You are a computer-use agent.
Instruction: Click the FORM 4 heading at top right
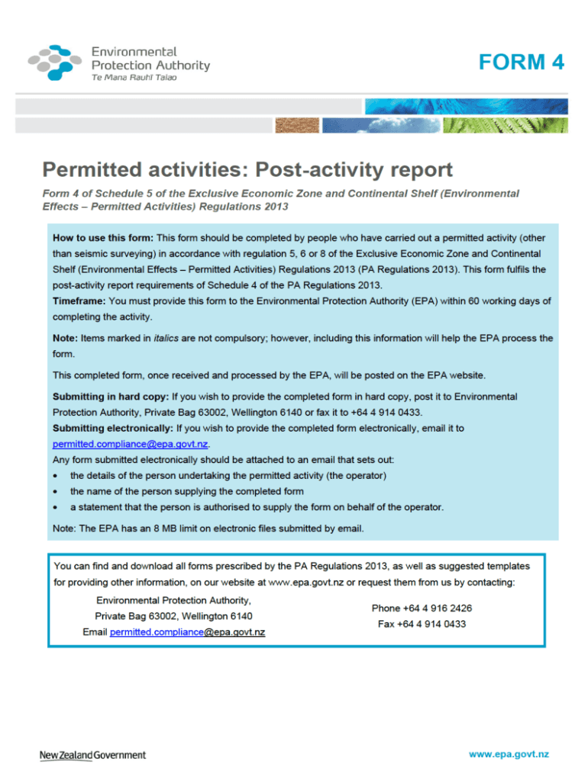click(x=522, y=62)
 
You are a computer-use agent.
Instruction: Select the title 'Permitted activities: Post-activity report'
click(x=247, y=169)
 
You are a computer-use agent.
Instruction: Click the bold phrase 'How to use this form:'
click(x=103, y=237)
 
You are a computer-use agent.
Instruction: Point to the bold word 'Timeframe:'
click(x=79, y=301)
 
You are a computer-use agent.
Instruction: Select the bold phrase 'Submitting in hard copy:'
click(x=111, y=397)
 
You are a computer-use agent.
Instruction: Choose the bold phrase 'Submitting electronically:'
click(x=112, y=429)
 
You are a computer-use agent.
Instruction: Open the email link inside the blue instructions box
click(x=130, y=445)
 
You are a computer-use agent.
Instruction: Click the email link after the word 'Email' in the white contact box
click(x=187, y=633)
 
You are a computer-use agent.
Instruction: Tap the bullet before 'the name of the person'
click(x=57, y=492)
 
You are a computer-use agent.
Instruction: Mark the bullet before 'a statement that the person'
click(x=57, y=507)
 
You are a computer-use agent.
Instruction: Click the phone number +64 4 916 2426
click(x=422, y=609)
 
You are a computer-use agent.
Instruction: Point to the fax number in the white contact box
click(x=422, y=625)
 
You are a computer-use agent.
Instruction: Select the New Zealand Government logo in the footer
click(x=92, y=755)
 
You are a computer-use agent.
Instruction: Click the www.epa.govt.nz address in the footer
click(x=509, y=755)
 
